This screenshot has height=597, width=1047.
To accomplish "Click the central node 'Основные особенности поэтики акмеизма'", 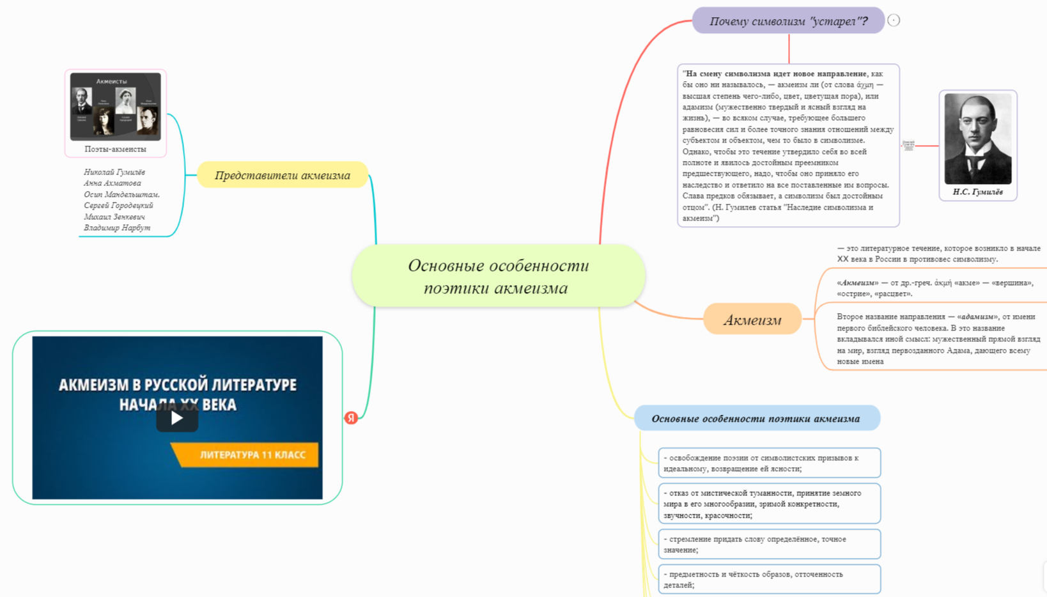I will point(498,276).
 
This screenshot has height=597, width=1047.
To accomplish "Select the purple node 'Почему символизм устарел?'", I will point(788,21).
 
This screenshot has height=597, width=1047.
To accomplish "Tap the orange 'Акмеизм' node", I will point(752,320).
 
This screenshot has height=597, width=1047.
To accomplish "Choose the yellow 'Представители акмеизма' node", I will point(283,175).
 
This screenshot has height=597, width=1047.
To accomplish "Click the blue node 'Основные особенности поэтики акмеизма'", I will point(756,419).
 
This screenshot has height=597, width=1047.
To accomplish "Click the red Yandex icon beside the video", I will point(351,418).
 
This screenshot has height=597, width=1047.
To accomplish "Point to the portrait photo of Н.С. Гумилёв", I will point(977,139).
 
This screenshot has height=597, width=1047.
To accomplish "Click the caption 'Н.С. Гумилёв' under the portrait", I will point(977,192).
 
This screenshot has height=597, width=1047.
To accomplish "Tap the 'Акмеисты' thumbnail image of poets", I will point(115,106).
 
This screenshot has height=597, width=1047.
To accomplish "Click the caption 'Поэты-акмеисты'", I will point(115,149).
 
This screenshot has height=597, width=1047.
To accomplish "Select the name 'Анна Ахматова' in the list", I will point(112,183).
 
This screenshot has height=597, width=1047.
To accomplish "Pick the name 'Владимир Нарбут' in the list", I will point(117,228).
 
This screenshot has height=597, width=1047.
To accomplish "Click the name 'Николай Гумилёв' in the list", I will point(114,172).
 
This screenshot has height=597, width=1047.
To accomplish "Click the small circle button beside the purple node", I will point(894,20).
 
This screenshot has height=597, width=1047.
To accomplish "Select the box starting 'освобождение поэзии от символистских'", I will point(769,463).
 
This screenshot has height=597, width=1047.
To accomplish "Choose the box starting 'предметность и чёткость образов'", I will point(769,579).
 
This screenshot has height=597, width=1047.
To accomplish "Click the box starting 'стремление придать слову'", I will point(769,544).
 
